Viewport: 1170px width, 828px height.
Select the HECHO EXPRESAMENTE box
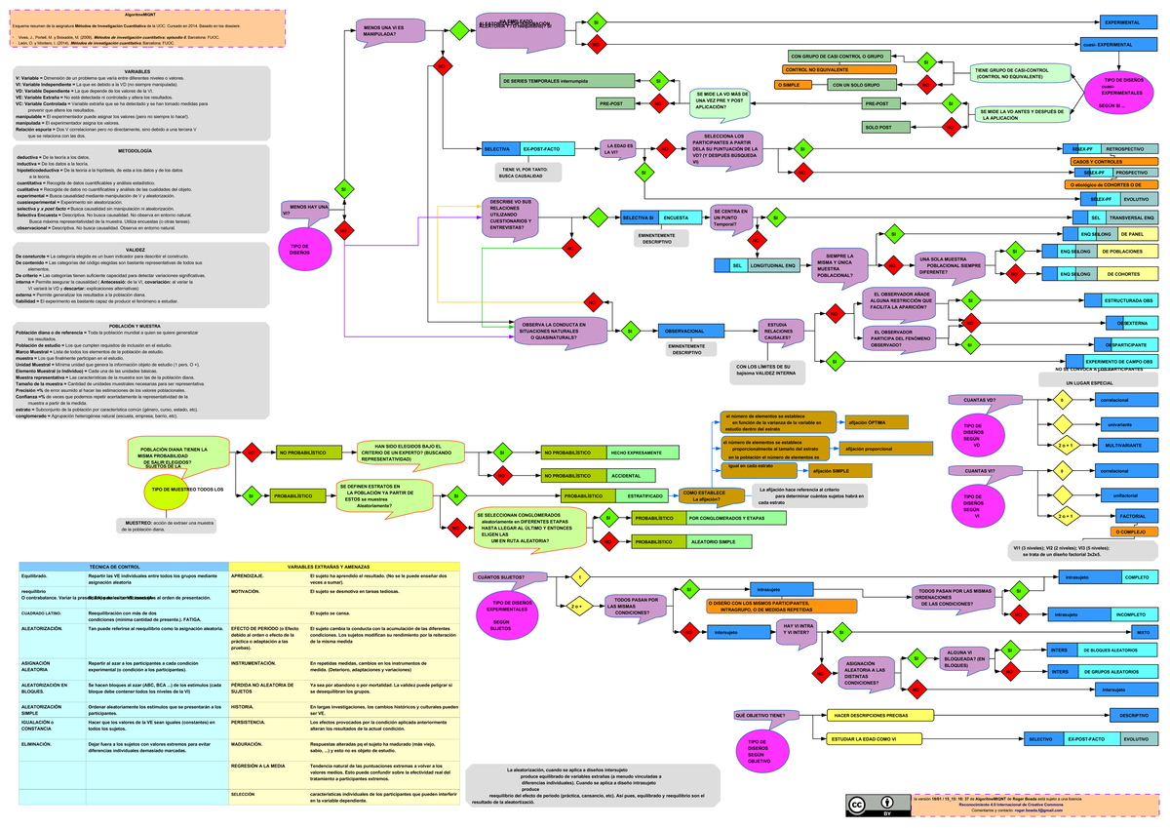click(637, 453)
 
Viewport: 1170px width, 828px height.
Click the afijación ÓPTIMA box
click(877, 422)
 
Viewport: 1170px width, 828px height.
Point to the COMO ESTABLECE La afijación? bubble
click(704, 497)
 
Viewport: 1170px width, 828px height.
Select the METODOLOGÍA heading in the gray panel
click(135, 150)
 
